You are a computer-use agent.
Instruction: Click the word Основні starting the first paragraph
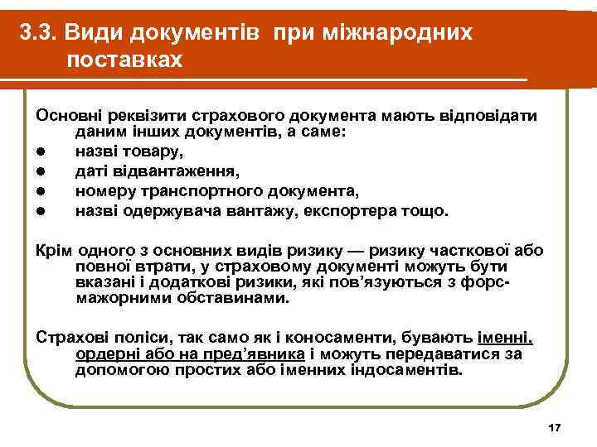[66, 114]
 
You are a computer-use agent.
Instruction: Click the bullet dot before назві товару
[40, 152]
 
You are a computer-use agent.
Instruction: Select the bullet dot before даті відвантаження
[40, 172]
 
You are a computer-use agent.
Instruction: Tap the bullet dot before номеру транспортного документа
[40, 192]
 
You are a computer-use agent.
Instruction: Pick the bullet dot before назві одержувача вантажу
[40, 212]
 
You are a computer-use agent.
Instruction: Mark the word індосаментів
[410, 370]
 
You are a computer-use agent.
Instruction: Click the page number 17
[555, 427]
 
